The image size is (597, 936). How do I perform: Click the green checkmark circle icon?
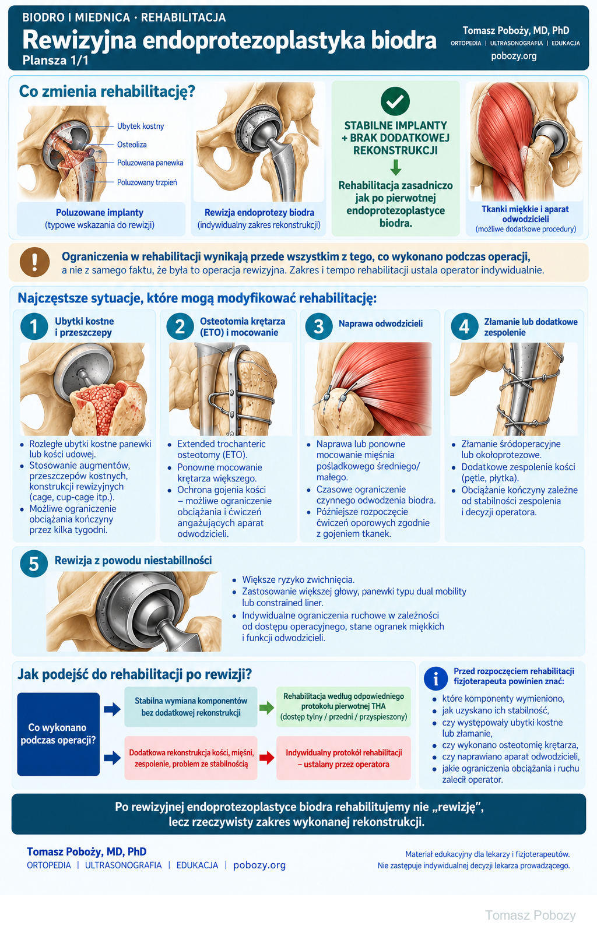click(395, 101)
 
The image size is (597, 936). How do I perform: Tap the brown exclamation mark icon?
click(35, 262)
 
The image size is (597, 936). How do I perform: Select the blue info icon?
click(436, 678)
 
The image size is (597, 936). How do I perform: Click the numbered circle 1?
click(34, 326)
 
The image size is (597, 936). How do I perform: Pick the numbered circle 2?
click(180, 326)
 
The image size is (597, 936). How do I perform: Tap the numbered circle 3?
click(318, 326)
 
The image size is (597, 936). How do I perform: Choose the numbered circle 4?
click(465, 326)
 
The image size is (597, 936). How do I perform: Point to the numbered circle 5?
click(34, 564)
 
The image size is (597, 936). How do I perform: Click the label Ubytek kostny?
click(141, 126)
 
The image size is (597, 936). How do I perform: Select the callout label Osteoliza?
click(132, 145)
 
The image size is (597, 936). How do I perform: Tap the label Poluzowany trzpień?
click(147, 182)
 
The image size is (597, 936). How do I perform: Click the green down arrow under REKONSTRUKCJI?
click(395, 167)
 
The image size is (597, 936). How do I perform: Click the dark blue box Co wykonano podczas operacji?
click(58, 734)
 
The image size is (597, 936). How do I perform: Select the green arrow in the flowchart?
click(267, 708)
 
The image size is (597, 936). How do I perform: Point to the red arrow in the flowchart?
click(267, 758)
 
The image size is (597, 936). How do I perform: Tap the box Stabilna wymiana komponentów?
click(191, 706)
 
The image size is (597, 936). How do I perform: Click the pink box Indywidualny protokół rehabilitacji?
click(343, 758)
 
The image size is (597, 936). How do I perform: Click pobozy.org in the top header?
click(514, 56)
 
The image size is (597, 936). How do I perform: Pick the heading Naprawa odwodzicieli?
click(381, 323)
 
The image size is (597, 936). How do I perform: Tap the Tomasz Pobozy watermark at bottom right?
click(530, 915)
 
